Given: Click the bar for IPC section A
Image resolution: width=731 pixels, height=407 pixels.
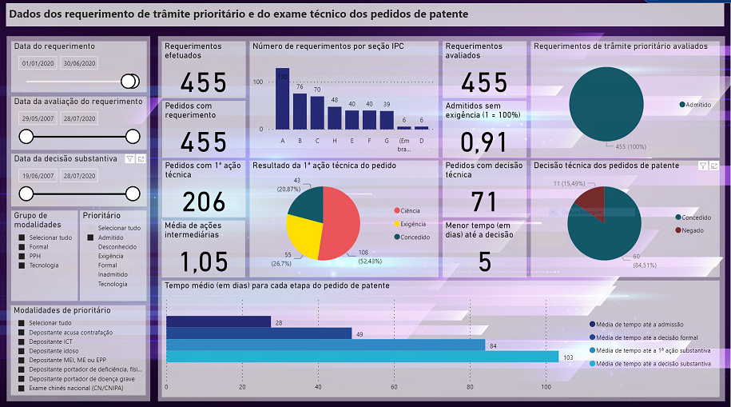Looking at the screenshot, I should (282, 98).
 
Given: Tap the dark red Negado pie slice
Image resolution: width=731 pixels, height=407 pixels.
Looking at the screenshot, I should (590, 201).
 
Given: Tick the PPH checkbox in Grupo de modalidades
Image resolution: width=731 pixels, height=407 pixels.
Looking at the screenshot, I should (22, 256).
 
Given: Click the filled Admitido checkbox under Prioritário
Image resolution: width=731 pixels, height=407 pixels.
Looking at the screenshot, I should (90, 237).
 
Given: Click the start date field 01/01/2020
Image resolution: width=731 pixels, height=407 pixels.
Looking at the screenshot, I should (37, 63).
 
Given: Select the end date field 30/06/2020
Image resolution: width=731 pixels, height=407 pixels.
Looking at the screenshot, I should (80, 63).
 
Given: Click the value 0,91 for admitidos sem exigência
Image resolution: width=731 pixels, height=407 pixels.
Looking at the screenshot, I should (484, 142).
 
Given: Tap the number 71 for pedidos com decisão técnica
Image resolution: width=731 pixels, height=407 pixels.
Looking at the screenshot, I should (484, 202).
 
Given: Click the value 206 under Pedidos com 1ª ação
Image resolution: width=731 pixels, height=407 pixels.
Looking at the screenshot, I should (204, 202).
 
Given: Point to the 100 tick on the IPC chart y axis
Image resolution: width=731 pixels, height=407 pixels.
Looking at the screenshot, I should (257, 82).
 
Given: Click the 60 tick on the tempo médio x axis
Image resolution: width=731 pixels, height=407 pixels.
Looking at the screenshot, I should (394, 387).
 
